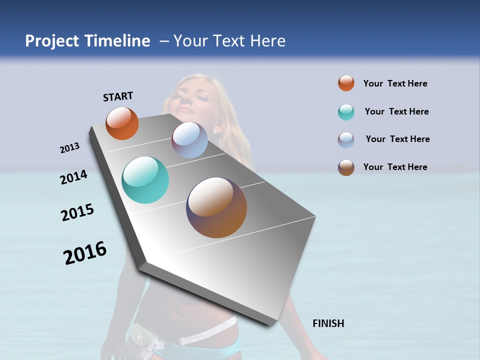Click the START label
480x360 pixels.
click(x=118, y=96)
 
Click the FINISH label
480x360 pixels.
click(x=328, y=323)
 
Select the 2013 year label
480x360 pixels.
click(x=69, y=148)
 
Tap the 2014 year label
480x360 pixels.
click(x=73, y=177)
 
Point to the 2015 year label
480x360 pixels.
click(x=77, y=212)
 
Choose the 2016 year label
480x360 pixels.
click(x=85, y=252)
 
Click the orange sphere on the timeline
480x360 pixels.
click(x=122, y=123)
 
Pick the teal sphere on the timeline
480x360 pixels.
click(x=145, y=180)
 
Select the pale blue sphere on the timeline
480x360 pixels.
click(x=189, y=140)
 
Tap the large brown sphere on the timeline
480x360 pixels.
click(x=216, y=207)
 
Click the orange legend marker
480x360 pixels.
click(x=346, y=83)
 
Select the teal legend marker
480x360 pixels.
click(x=346, y=112)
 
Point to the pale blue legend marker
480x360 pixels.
click(x=346, y=140)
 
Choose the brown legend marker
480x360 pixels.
click(x=346, y=167)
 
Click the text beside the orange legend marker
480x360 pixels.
click(x=395, y=83)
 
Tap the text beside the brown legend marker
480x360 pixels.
click(x=395, y=167)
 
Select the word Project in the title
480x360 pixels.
click(x=52, y=41)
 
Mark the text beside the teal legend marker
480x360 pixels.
click(x=396, y=111)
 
